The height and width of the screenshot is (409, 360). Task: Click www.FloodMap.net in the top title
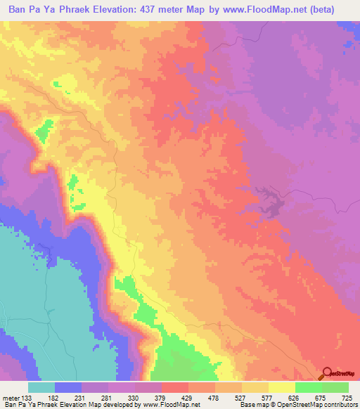275,10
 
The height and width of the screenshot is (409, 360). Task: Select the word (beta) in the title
335,10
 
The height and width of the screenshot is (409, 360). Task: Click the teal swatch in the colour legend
41,388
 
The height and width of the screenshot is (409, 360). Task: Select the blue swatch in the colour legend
68,388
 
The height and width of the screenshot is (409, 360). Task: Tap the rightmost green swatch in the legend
335,388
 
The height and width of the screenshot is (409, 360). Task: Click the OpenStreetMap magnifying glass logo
328,374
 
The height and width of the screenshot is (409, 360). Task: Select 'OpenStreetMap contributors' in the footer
317,405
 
